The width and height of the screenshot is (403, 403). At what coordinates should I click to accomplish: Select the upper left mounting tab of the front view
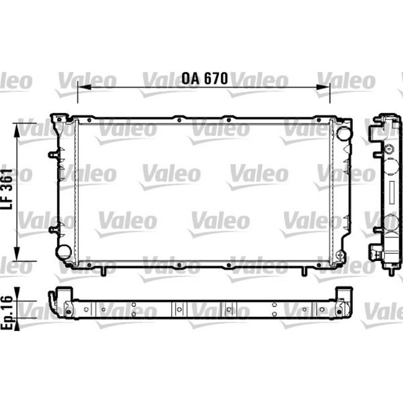[51, 153]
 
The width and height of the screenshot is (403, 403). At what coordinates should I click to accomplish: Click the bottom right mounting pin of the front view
[304, 270]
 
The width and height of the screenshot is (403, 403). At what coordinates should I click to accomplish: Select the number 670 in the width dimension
[216, 79]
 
